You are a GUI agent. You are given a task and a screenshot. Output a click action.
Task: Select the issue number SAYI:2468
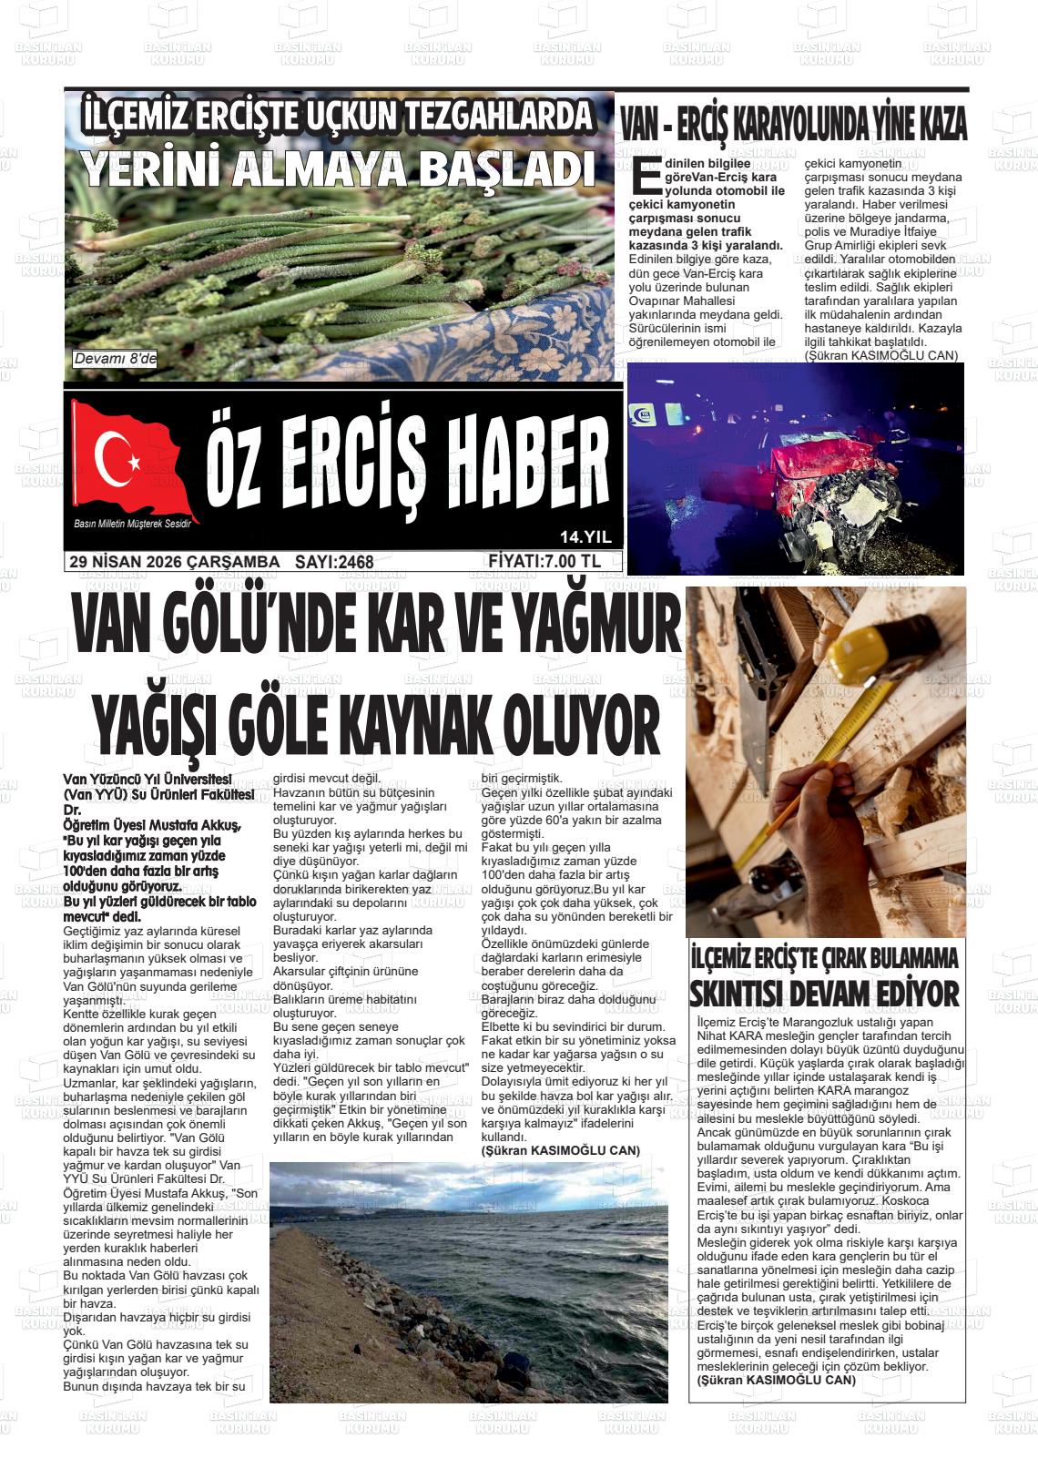point(334,562)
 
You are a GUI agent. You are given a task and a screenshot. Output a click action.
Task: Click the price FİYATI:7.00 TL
point(544,561)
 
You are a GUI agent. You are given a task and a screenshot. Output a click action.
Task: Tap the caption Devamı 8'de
point(115,360)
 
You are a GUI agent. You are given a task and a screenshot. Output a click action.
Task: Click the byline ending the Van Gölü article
point(560,1150)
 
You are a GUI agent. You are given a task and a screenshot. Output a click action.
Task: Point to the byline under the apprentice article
point(776,1380)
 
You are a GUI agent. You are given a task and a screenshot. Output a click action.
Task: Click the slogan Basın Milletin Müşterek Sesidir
point(137,524)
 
